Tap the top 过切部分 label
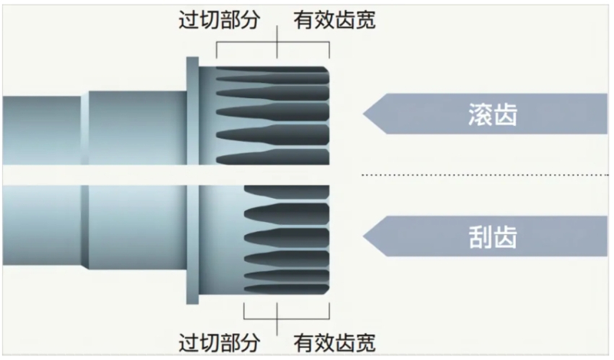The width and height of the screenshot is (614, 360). pos(220,20)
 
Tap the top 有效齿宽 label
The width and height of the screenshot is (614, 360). pos(335,20)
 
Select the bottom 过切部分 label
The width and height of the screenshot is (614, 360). pos(220,342)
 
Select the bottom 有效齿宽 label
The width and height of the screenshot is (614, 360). pos(335,342)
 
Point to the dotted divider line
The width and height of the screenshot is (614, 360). pos(485,175)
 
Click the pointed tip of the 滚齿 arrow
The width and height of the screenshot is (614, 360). pos(363,114)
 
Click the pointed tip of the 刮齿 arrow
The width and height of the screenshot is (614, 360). pos(363,236)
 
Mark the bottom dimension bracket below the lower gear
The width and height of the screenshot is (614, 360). pos(286,319)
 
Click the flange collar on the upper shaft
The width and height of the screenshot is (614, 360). pos(193,111)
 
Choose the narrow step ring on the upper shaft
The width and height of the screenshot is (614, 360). pos(84,128)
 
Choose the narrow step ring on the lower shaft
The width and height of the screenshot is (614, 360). pos(84,227)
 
